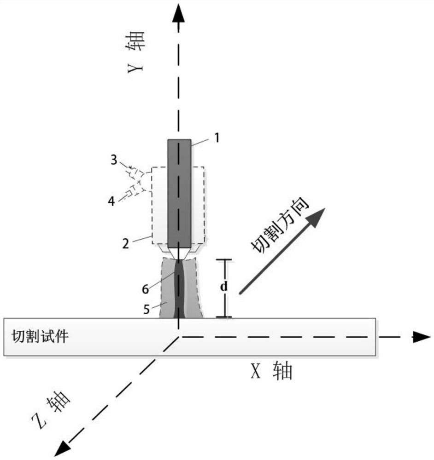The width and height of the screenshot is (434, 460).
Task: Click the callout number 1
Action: point(217,138)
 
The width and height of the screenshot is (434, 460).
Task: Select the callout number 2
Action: point(126,243)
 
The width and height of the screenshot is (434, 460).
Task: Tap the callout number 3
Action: point(114,160)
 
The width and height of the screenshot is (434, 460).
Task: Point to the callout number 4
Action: point(111,201)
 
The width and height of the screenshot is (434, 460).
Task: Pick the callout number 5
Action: point(147,309)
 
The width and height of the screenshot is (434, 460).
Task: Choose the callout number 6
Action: point(146,289)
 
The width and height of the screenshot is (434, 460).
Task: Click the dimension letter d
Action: point(224,286)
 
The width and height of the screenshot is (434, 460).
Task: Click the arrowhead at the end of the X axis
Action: point(422,337)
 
